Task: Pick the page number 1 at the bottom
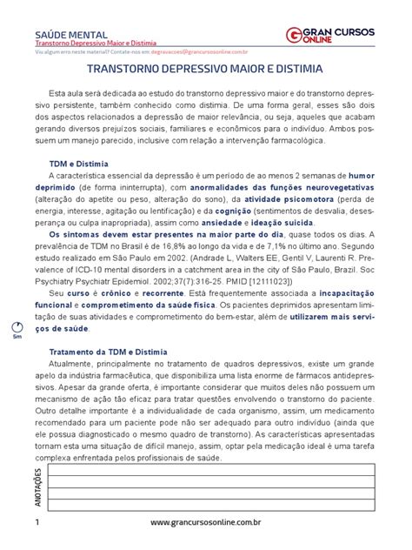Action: (38, 522)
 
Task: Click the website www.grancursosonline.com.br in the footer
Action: (206, 522)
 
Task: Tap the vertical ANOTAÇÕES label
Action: (38, 485)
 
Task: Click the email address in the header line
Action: (191, 52)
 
